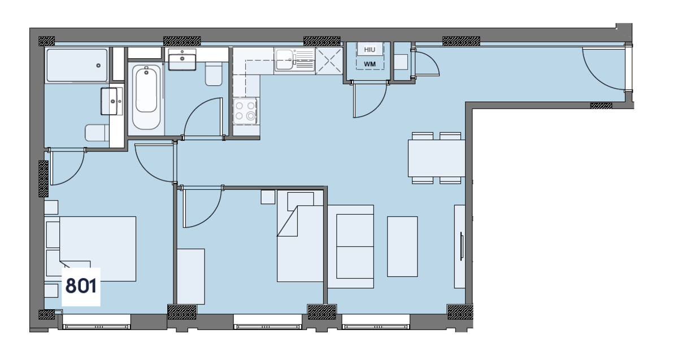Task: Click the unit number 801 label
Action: (81, 286)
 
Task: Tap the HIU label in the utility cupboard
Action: (370, 50)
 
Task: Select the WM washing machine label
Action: (370, 64)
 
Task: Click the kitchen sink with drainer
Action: (294, 60)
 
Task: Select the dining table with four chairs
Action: (436, 158)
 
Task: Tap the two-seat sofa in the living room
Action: (355, 246)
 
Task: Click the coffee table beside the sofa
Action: (402, 246)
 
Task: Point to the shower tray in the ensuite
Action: (76, 66)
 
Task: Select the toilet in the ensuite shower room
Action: (96, 133)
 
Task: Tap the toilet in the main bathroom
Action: (214, 75)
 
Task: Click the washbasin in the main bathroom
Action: (182, 60)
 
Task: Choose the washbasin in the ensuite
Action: (112, 101)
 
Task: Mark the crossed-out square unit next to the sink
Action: (329, 60)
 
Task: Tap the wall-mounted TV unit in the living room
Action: (460, 246)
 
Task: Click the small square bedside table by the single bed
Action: (267, 197)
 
